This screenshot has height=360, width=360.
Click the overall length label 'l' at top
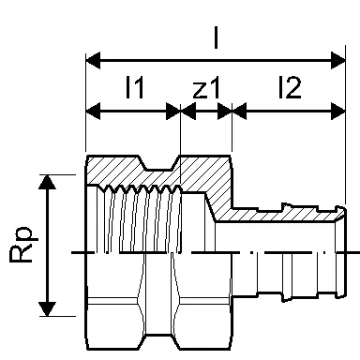pyautogui.click(x=216, y=37)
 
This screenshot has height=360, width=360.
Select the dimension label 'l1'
pyautogui.click(x=135, y=87)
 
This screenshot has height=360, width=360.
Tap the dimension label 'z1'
pyautogui.click(x=206, y=88)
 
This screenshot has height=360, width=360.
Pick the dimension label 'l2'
pyautogui.click(x=290, y=87)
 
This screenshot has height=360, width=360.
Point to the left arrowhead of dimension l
pyautogui.click(x=93, y=60)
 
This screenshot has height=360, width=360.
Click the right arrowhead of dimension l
pyautogui.click(x=338, y=60)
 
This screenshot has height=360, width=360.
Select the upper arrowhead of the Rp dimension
pyautogui.click(x=47, y=182)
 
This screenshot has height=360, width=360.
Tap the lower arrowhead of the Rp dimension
pyautogui.click(x=47, y=308)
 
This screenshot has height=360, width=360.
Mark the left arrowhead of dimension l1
pyautogui.click(x=93, y=111)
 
